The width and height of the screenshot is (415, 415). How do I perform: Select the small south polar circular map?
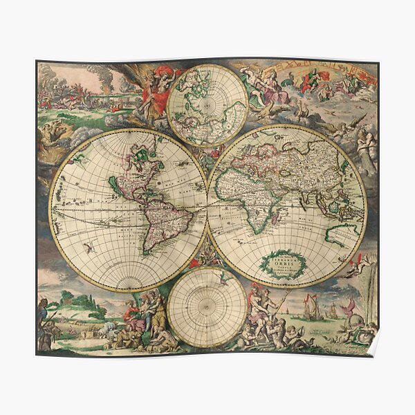click(205, 306)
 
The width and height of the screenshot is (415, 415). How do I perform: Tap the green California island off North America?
click(113, 185)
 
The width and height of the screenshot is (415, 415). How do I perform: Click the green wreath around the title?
click(282, 264)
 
